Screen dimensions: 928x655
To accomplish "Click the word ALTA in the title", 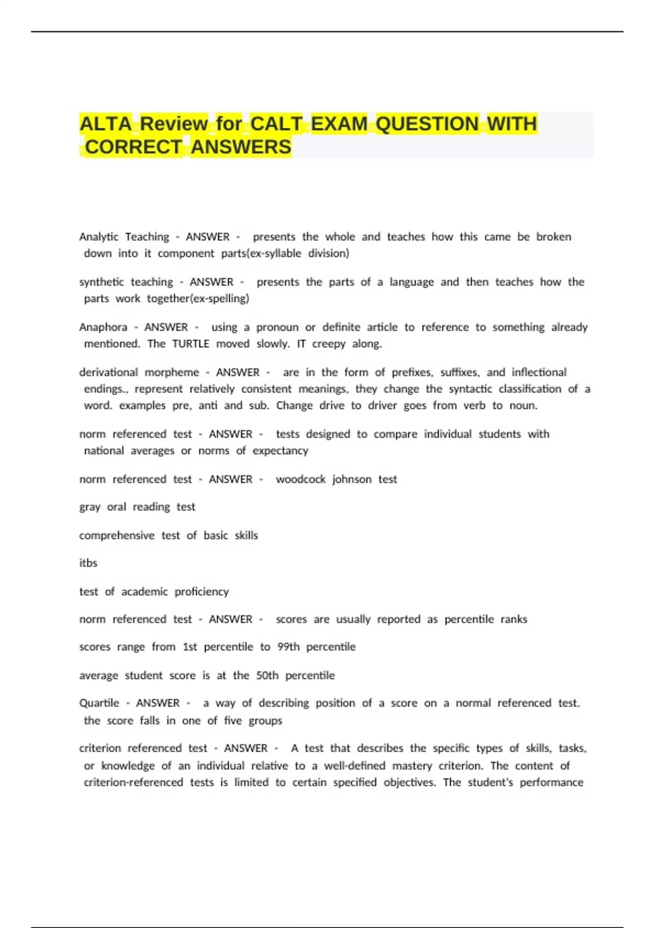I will pyautogui.click(x=105, y=124).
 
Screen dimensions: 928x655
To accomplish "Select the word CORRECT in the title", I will pyautogui.click(x=133, y=147).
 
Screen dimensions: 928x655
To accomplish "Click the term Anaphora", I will pyautogui.click(x=103, y=327).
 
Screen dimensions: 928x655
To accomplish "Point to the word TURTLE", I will pyautogui.click(x=190, y=343).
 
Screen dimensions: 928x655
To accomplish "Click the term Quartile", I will pyautogui.click(x=99, y=703).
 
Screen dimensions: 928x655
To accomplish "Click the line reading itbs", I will pyautogui.click(x=88, y=563).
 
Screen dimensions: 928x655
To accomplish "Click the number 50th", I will pyautogui.click(x=267, y=675).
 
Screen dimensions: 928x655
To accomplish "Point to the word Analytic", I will pyautogui.click(x=99, y=237).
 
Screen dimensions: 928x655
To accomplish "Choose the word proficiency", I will pyautogui.click(x=201, y=592).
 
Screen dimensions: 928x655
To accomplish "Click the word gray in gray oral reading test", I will pyautogui.click(x=90, y=507).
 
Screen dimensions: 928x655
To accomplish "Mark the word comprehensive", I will pyautogui.click(x=117, y=536).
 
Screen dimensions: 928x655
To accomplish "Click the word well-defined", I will pyautogui.click(x=355, y=765).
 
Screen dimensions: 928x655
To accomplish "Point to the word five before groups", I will pyautogui.click(x=233, y=721).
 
